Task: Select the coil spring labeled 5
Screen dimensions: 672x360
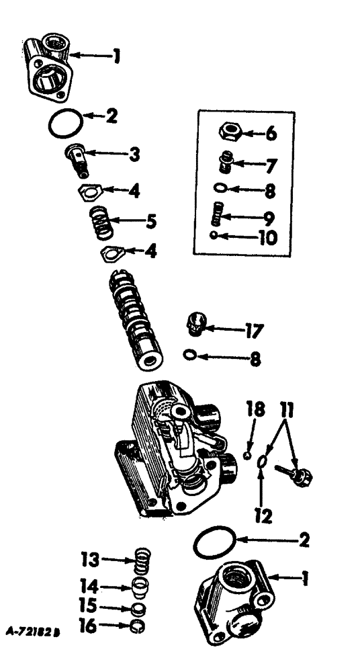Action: (100, 222)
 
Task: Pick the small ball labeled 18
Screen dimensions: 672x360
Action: (247, 455)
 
